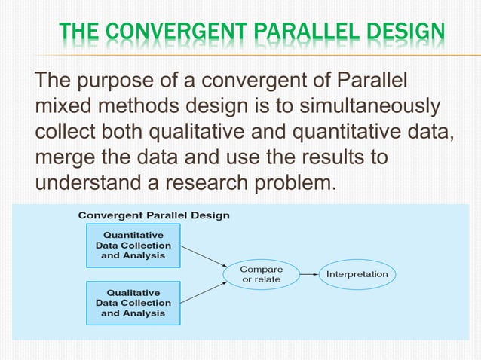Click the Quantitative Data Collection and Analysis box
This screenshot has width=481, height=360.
click(x=133, y=246)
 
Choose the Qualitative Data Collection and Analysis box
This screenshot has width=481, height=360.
click(x=133, y=303)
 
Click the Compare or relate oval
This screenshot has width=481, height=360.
click(x=261, y=274)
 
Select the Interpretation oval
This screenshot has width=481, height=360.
click(x=357, y=274)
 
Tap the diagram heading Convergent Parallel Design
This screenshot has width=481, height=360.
click(x=154, y=215)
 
